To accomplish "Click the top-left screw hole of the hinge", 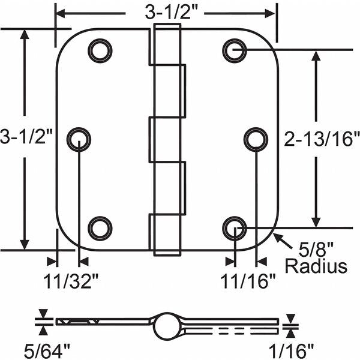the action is tap(100, 51).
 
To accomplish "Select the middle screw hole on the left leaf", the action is tap(79, 140).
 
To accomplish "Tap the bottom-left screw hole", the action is tap(100, 229).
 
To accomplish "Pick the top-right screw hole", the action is tap(235, 51).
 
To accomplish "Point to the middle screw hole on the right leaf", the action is tap(256, 140).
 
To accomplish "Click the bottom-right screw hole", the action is tap(235, 229).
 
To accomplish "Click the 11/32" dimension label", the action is tap(71, 281).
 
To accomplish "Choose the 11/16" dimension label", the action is tap(248, 281).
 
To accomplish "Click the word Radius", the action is tap(316, 266).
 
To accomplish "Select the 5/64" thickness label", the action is tap(47, 351).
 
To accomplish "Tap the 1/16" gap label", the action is tap(291, 351).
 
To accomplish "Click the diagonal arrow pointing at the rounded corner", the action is tap(283, 241).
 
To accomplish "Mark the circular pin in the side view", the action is tap(166, 326).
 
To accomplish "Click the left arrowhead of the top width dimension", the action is tap(61, 14).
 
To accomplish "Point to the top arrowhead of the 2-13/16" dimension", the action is tap(316, 56).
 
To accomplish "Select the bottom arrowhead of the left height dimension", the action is tap(25, 245).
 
